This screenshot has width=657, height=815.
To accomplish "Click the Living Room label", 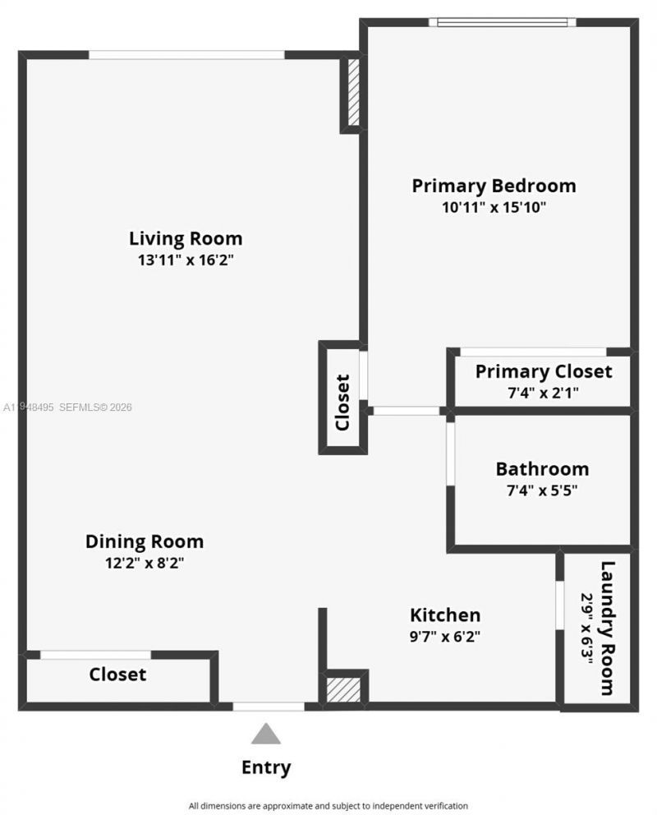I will [x=186, y=238].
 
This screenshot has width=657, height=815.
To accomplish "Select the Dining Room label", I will [x=145, y=541].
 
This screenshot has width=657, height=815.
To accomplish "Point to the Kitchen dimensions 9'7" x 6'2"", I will [x=445, y=636].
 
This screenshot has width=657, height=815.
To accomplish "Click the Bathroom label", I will [x=542, y=469].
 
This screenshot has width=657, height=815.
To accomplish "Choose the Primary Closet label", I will [x=543, y=371].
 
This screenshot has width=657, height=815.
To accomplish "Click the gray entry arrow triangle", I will [x=265, y=734].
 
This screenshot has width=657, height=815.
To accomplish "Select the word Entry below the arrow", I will [x=265, y=768].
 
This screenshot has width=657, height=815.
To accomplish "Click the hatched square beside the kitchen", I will [x=343, y=689].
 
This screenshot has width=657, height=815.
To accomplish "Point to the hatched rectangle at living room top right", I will [x=354, y=91].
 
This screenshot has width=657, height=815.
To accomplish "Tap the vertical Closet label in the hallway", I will [x=342, y=403].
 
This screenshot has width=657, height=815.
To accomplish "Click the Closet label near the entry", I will [x=117, y=675].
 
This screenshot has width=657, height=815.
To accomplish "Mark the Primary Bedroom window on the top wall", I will [x=506, y=23].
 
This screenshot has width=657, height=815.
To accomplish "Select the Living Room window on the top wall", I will [x=186, y=55].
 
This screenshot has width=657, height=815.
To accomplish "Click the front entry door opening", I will [x=268, y=706].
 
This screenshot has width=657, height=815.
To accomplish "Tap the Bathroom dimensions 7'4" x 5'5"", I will [x=542, y=490].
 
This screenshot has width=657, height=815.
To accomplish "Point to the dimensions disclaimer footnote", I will [x=328, y=806].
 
